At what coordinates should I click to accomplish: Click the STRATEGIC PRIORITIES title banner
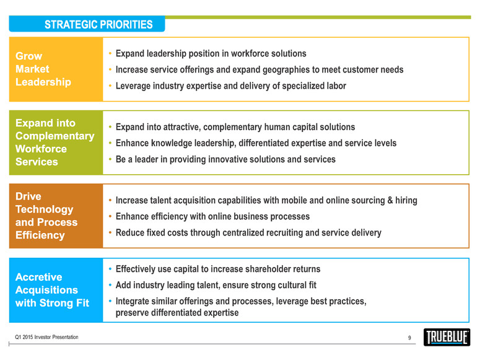click(x=87, y=24)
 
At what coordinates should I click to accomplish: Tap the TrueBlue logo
click(x=447, y=337)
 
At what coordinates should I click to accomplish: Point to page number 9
click(x=409, y=338)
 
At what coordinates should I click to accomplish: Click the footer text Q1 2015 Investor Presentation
click(x=46, y=337)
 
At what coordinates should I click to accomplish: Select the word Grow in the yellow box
click(x=28, y=56)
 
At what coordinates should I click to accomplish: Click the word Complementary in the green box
click(x=55, y=136)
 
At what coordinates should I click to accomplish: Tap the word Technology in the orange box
click(x=45, y=209)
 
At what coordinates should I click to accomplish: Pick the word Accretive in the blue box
click(x=39, y=277)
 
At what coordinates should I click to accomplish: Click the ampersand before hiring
click(x=390, y=200)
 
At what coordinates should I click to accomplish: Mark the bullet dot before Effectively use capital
click(x=110, y=269)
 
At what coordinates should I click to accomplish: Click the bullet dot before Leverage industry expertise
click(x=110, y=86)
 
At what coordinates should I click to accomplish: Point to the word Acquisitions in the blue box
click(x=46, y=290)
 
